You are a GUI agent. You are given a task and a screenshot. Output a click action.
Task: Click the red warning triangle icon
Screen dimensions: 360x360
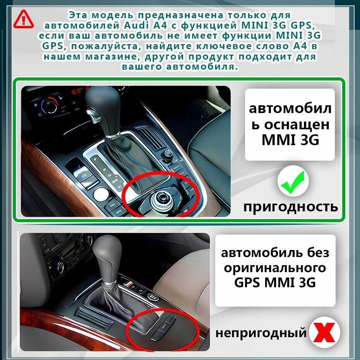pyautogui.click(x=23, y=20)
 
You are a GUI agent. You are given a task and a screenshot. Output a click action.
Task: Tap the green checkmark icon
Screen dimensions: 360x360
pyautogui.click(x=293, y=182)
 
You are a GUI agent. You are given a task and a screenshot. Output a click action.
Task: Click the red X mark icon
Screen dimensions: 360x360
pyautogui.click(x=324, y=332)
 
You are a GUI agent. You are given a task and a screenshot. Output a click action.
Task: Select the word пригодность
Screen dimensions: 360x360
pyautogui.click(x=290, y=207)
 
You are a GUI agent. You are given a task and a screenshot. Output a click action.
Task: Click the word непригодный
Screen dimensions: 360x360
pyautogui.click(x=261, y=333)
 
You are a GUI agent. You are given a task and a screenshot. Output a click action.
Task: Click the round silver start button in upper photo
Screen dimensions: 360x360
pyautogui.click(x=101, y=194)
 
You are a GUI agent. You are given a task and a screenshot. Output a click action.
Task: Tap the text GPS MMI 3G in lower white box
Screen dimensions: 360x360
pyautogui.click(x=275, y=282)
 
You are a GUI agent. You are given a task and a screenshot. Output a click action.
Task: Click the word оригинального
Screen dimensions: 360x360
pyautogui.click(x=275, y=268)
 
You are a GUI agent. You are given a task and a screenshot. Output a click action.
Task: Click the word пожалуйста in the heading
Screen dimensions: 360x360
pyautogui.click(x=106, y=46)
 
